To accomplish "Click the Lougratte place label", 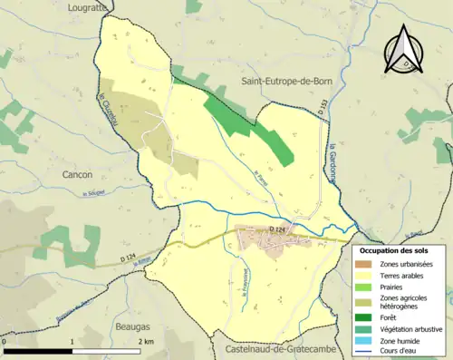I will (87, 6).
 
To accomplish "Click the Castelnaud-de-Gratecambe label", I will (275, 350).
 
